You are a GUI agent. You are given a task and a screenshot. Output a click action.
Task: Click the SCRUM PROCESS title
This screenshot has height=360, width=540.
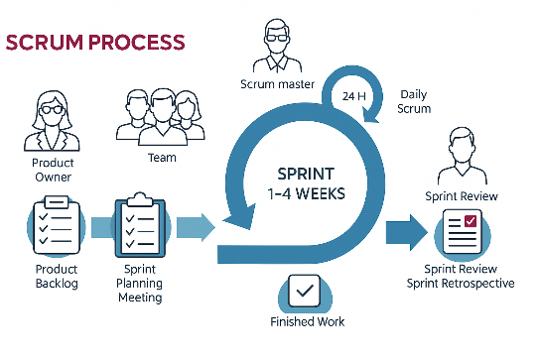coord(95,43)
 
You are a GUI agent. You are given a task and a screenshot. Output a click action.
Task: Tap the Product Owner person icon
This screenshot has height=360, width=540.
coord(53,121)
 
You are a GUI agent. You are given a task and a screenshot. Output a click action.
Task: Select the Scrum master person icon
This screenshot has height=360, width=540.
coord(278,44)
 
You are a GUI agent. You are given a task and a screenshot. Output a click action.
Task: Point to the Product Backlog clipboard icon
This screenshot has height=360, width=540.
coord(57,228)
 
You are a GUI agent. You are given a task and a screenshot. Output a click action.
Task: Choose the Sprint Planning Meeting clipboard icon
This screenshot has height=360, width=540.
coord(143,227)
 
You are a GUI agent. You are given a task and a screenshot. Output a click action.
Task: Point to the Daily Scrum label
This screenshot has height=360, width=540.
coord(414,101)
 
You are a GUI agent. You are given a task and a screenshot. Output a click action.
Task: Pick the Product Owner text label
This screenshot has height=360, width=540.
coord(53,170)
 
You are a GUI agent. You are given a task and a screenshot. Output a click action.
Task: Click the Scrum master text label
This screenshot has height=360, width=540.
coord(278,84)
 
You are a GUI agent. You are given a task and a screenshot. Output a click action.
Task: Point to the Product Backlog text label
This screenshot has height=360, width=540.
coord(56,277)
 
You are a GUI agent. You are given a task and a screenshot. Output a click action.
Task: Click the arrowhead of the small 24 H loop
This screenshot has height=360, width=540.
coord(375,117)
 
